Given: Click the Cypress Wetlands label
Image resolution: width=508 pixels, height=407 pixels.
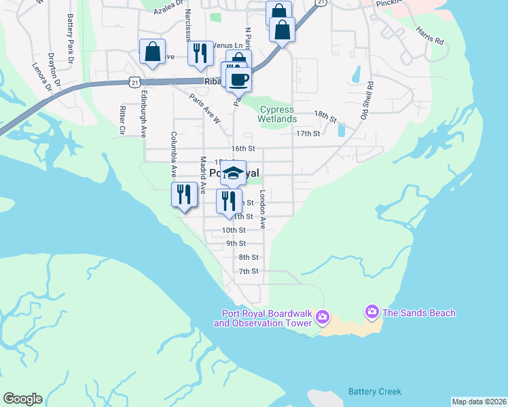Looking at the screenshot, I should pyautogui.click(x=277, y=114).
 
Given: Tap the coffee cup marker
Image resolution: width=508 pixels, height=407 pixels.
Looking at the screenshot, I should pyautogui.click(x=238, y=79).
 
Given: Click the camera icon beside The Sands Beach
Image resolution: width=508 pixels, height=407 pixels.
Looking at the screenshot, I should pyautogui.click(x=371, y=312).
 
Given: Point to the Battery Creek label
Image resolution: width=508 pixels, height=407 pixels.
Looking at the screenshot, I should pyautogui.click(x=375, y=391).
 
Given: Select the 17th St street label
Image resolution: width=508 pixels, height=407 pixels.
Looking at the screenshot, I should pyautogui.click(x=308, y=134).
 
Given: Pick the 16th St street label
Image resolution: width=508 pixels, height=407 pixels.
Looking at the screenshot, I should pyautogui.click(x=242, y=148).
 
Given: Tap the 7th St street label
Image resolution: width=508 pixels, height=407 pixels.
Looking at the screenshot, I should pyautogui.click(x=249, y=271).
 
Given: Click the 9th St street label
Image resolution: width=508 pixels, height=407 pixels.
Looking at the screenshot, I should pyautogui.click(x=236, y=244).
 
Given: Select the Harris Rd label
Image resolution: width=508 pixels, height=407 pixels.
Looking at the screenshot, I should pyautogui.click(x=430, y=36).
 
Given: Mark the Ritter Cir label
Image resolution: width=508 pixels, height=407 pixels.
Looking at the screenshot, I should pyautogui.click(x=122, y=119).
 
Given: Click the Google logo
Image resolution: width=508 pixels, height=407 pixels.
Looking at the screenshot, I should pyautogui.click(x=22, y=399).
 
